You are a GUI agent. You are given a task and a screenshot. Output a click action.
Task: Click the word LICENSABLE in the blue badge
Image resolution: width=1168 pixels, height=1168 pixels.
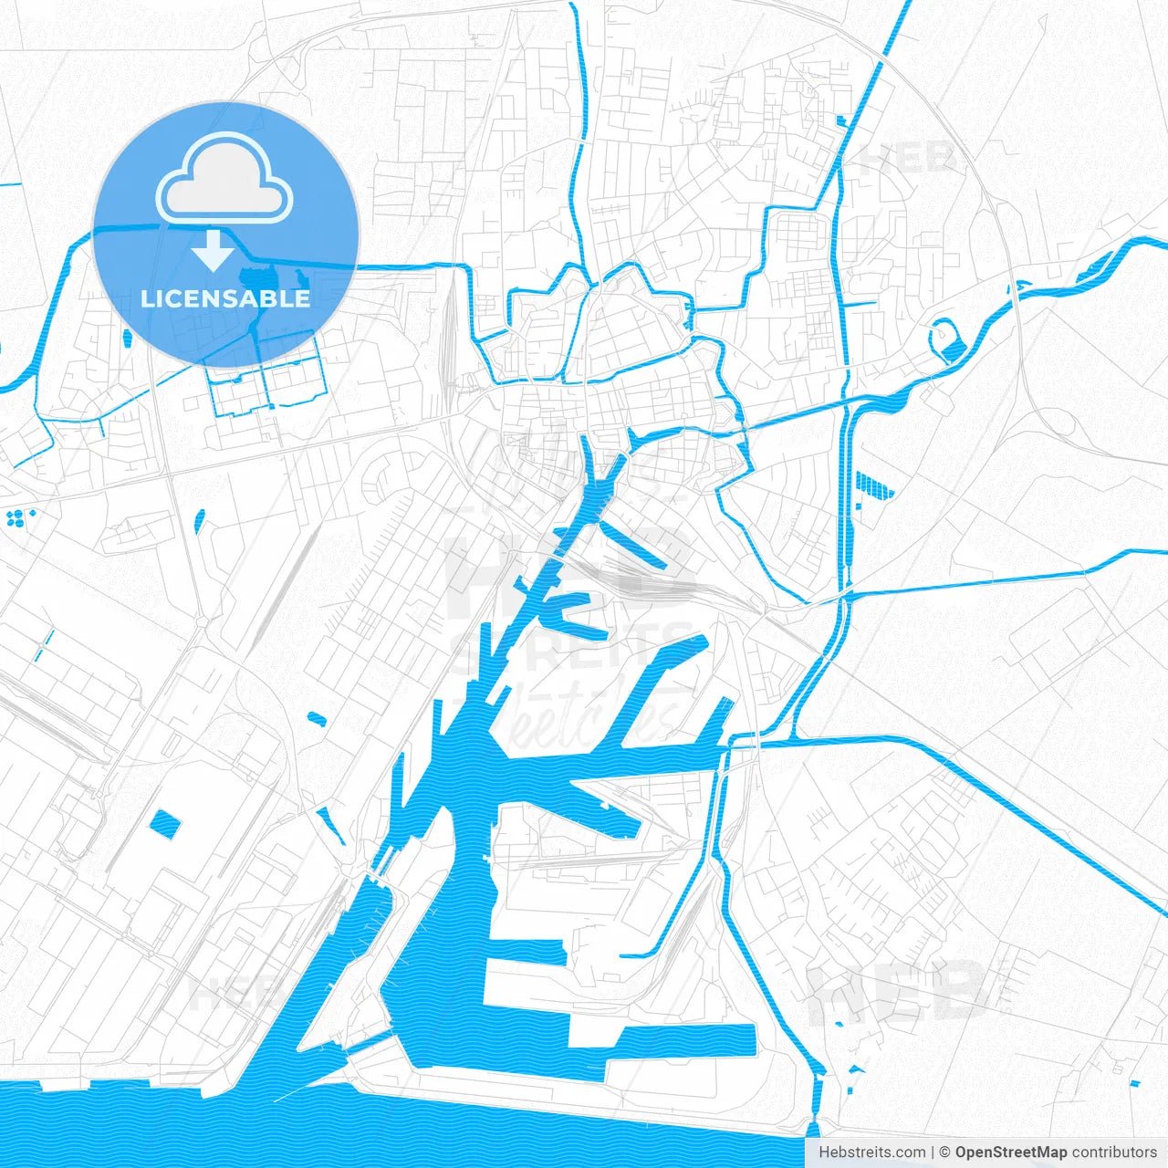click(225, 298)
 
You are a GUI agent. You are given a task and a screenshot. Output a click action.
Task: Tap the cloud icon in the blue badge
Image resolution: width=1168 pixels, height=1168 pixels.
click(224, 178)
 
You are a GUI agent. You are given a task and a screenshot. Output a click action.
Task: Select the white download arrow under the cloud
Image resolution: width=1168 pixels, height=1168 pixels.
click(214, 250)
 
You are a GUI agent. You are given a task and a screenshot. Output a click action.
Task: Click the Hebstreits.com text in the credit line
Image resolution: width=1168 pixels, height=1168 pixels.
click(871, 1152)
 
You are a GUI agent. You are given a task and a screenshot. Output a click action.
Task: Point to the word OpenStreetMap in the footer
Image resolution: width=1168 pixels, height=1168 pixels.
click(1011, 1152)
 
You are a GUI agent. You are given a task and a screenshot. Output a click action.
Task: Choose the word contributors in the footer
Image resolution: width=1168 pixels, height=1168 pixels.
click(1114, 1152)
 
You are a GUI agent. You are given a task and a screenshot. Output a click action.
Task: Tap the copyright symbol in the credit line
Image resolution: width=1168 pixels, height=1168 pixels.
click(945, 1152)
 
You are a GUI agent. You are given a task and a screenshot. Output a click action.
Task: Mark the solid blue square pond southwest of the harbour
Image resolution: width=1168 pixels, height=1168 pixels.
click(165, 825)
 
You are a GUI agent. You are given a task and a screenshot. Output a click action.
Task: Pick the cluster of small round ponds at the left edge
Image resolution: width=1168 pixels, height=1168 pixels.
click(18, 517)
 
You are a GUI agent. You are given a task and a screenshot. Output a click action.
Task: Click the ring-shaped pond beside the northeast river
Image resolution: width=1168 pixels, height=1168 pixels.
click(946, 339)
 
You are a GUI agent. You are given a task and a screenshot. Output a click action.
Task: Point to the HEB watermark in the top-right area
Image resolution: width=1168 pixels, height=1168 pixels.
click(908, 161)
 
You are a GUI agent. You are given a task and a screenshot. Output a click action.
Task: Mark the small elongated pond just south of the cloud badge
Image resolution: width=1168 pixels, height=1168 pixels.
click(199, 521)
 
